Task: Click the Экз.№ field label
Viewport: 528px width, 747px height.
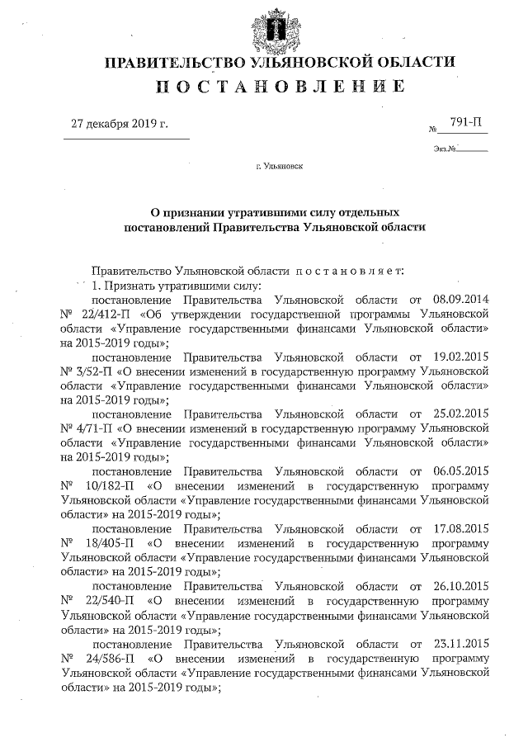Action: pos(444,149)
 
